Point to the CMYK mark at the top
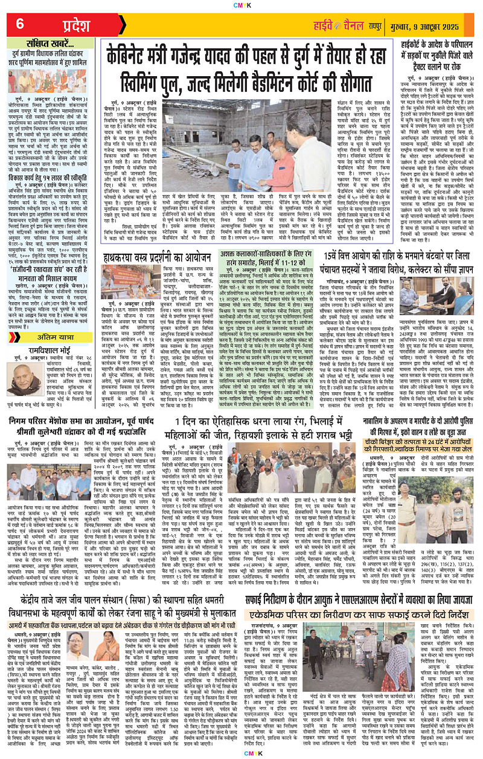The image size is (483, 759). pos(241,5)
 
